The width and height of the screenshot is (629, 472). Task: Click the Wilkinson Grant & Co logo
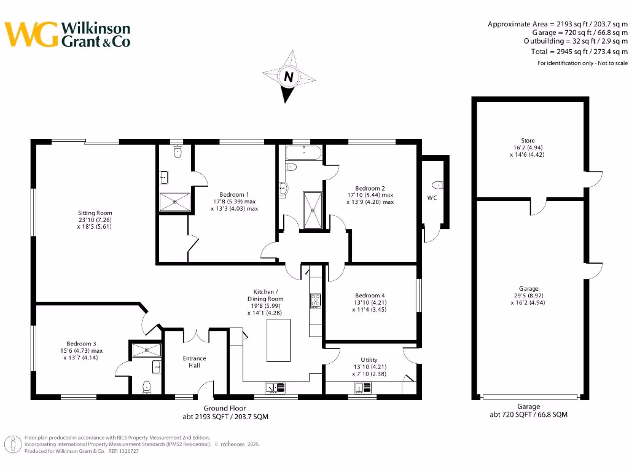point(68,34)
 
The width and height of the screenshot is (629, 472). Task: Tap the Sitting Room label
point(95,220)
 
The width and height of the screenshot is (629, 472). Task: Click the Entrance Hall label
point(195,362)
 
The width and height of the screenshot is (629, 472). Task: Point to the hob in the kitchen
point(316,301)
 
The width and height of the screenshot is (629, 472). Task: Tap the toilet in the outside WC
point(437,184)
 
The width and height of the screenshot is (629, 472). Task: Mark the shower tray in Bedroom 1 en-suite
point(175,201)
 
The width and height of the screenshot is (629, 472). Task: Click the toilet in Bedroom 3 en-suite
point(146,387)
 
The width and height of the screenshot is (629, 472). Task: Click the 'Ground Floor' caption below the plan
point(225,408)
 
